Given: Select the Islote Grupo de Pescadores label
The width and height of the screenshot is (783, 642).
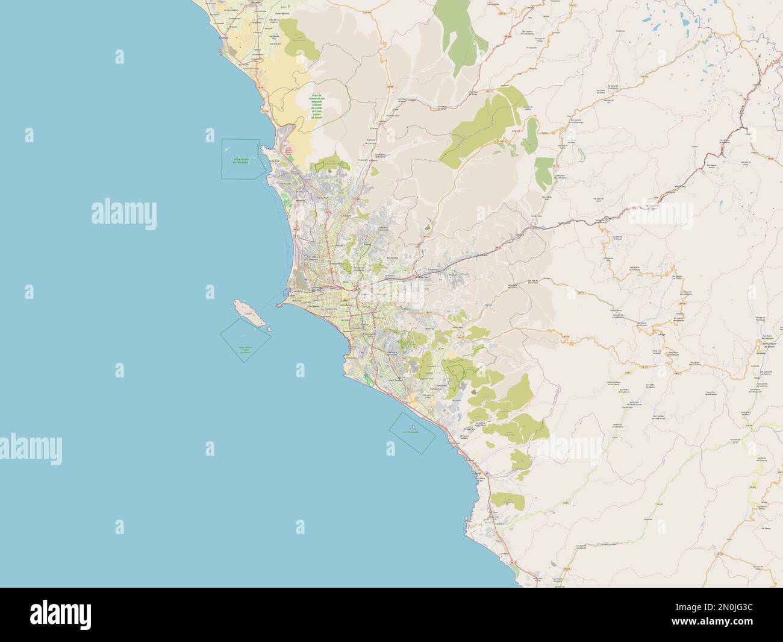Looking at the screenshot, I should click(x=241, y=160).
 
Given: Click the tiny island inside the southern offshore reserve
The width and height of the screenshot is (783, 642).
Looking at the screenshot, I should click(x=411, y=432).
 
